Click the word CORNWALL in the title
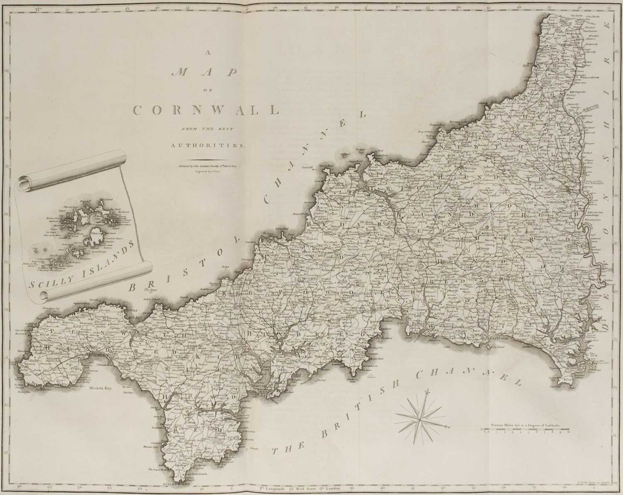click(206, 110)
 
